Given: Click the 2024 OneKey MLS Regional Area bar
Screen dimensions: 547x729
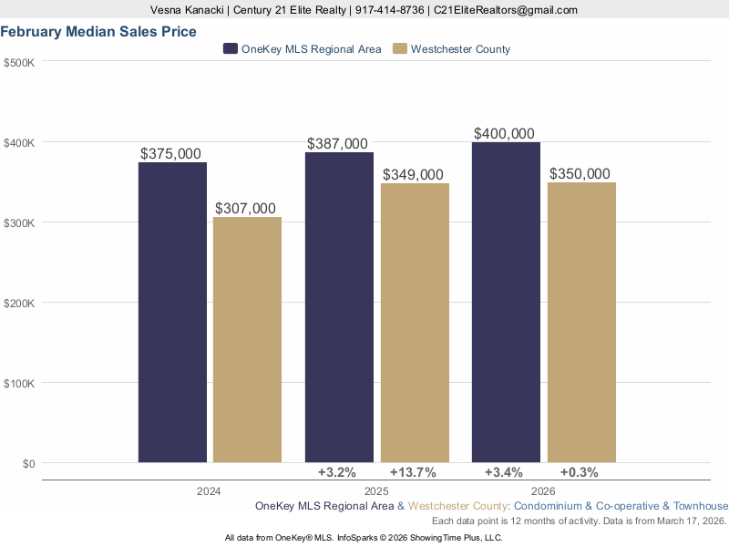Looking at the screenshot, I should [x=172, y=312].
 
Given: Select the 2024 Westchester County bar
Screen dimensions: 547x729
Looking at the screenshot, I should [x=247, y=339].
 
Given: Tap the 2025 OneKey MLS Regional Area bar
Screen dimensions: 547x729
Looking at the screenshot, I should [x=339, y=307].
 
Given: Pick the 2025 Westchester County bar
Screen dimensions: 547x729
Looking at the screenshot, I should [x=415, y=323].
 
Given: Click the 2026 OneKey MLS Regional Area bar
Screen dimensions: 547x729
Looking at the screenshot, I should [x=506, y=302].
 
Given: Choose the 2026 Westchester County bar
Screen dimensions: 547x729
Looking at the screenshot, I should [x=581, y=322].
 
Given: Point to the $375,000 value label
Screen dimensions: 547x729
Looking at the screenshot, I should [x=171, y=154].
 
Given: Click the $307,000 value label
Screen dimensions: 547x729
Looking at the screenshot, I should [x=245, y=209].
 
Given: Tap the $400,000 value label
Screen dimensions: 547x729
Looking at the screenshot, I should [x=504, y=134].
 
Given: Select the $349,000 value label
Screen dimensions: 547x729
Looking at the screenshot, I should [x=413, y=175].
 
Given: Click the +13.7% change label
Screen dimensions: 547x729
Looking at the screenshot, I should [x=413, y=472].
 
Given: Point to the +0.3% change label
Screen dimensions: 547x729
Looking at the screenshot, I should [x=579, y=472].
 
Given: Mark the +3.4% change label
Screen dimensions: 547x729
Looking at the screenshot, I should [x=503, y=472].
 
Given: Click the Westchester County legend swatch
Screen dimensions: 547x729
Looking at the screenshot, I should [x=399, y=49].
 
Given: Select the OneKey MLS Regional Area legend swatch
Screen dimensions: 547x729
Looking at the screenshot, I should [x=231, y=49].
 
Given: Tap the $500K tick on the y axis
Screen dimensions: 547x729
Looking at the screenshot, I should [x=19, y=62].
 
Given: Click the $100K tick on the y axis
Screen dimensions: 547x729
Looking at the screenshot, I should [x=19, y=383].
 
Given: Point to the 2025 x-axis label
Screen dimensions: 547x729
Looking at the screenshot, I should [x=376, y=491].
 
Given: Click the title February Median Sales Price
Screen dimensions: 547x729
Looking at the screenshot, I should [x=98, y=32].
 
